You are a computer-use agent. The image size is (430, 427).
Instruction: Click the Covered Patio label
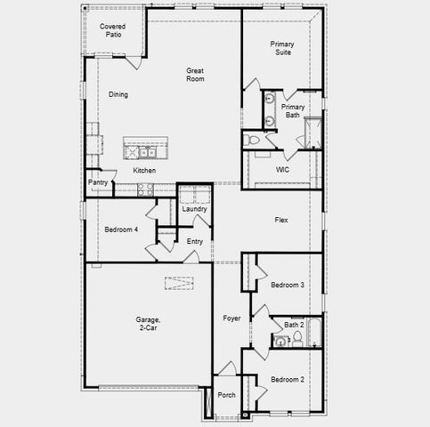(112, 32)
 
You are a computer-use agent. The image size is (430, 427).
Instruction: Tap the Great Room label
(195, 75)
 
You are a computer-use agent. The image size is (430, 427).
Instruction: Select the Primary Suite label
(282, 48)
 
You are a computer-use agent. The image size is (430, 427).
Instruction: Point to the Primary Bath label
(291, 111)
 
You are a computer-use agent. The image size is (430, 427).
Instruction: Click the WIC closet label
(282, 169)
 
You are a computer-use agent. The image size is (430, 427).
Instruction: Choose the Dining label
(118, 94)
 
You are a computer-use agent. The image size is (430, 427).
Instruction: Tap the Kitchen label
(144, 171)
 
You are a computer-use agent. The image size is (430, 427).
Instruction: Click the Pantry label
(98, 183)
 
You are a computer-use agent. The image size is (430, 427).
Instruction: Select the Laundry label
(194, 209)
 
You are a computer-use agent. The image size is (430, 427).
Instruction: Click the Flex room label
(280, 220)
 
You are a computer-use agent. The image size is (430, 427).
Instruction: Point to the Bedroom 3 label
(288, 285)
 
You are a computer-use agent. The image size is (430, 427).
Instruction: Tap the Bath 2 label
(295, 325)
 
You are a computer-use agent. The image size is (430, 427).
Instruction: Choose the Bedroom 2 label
(288, 379)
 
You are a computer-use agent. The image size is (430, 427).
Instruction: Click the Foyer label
(231, 318)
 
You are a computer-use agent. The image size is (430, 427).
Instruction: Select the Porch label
(227, 394)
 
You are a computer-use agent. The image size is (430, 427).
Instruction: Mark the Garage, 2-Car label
(149, 324)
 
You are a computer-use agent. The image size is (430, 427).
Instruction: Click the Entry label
(194, 242)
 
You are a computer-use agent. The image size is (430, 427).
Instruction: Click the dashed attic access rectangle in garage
(181, 284)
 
